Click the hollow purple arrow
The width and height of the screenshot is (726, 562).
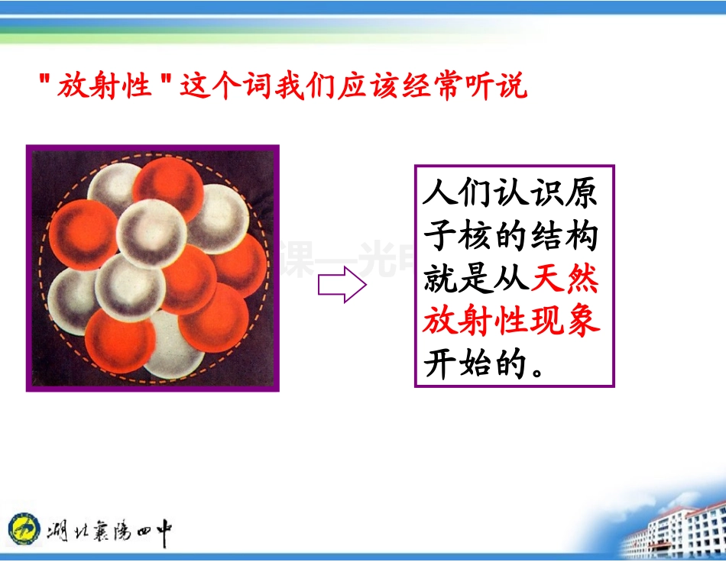(342, 285)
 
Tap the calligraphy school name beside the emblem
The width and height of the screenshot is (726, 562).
(109, 528)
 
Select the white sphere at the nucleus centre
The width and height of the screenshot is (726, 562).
(152, 233)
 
